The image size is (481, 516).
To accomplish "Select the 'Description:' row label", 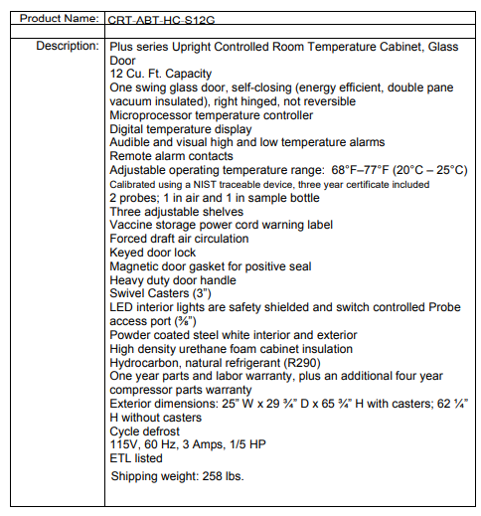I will click(x=66, y=46).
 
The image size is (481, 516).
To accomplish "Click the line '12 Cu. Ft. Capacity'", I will click(x=161, y=74).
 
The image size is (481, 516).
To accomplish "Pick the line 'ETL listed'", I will click(x=137, y=458).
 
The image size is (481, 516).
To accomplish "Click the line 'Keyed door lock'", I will click(x=153, y=253).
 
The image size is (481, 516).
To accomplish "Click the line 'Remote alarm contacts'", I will click(x=171, y=156).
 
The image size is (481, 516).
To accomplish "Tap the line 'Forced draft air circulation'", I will click(x=180, y=239).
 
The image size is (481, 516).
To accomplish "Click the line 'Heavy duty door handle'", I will click(x=173, y=279).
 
